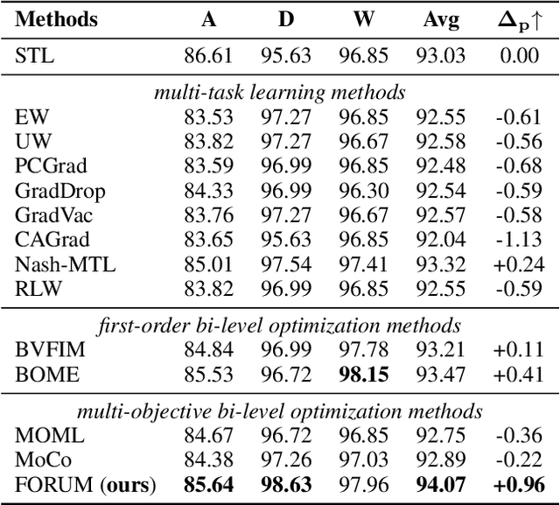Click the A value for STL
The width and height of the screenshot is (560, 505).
207,58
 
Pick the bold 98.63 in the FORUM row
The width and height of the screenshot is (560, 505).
285,484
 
